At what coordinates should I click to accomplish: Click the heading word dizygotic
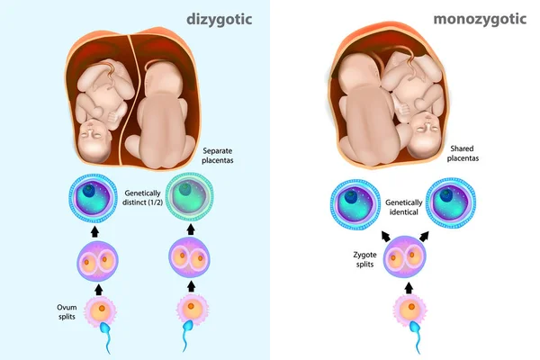point(220,19)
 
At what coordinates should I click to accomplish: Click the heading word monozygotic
point(480,19)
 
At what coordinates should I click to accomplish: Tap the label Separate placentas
point(217,156)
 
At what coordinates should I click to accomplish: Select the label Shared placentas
point(463,153)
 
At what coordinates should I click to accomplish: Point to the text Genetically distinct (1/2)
point(142,198)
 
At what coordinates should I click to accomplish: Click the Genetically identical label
point(403,207)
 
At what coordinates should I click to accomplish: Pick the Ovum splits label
point(67,311)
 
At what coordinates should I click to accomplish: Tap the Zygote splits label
point(364,259)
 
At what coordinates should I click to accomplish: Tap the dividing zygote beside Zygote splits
point(405,256)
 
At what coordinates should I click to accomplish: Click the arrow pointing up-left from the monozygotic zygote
point(386,237)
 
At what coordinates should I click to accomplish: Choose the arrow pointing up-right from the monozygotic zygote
point(424,237)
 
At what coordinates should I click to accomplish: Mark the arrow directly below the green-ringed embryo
point(191,229)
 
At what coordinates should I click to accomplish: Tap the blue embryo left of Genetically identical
point(355,204)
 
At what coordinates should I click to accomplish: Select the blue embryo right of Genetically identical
point(451,202)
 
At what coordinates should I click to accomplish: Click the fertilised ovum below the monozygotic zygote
point(409,308)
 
